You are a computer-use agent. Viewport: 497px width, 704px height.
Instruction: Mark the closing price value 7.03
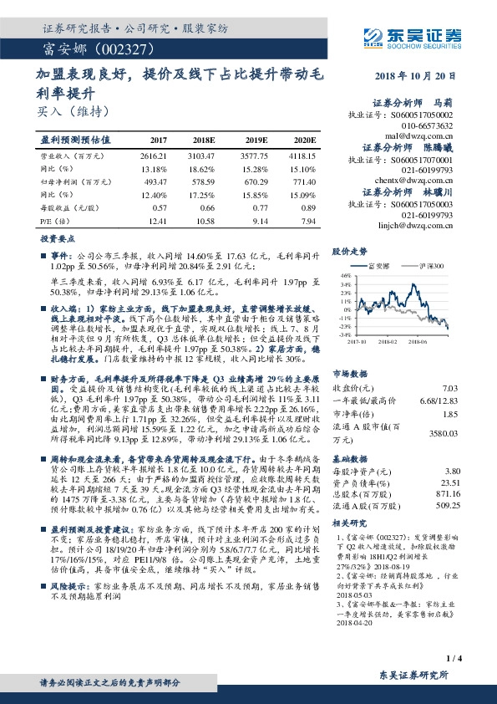[450, 365]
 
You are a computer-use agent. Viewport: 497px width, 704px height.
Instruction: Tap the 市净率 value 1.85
[450, 390]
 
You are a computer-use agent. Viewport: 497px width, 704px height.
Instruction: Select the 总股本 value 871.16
[448, 496]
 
